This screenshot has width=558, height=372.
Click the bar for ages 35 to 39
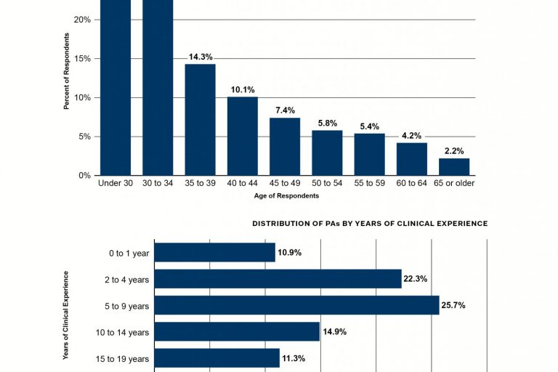tap(200, 120)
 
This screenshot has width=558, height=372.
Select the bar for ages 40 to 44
tap(242, 136)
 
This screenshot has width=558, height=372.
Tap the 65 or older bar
tap(454, 166)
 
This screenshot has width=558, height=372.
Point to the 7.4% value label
tap(285, 110)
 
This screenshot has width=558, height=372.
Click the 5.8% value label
tap(327, 123)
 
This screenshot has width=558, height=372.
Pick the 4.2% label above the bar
tap(411, 135)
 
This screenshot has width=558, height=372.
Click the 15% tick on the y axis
tap(82, 58)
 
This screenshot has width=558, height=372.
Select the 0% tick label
tap(84, 175)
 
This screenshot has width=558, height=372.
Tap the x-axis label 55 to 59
tap(369, 183)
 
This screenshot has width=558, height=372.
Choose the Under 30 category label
tap(116, 183)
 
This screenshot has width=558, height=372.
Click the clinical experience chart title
tap(370, 224)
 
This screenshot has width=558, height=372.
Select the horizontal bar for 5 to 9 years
tap(296, 305)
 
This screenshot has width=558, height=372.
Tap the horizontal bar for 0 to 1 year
tap(214, 252)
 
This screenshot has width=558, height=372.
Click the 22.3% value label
tap(416, 279)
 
